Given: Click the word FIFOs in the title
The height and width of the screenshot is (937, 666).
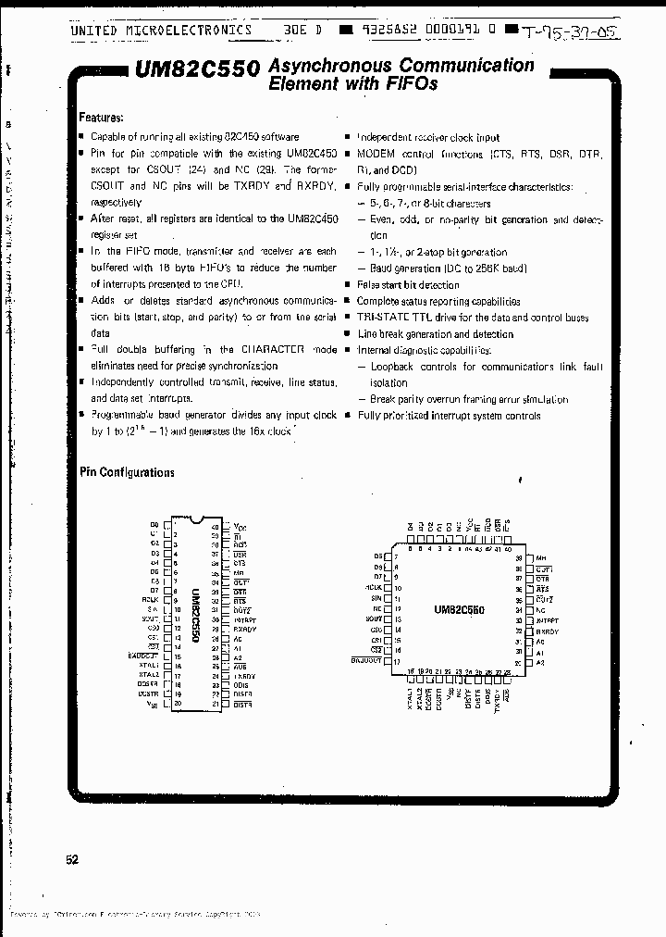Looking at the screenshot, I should (x=411, y=83).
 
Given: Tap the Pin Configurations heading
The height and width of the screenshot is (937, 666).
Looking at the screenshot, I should (x=127, y=472).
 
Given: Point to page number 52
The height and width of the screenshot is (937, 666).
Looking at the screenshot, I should (x=72, y=860).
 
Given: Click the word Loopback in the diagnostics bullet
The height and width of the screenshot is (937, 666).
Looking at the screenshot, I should (x=392, y=367).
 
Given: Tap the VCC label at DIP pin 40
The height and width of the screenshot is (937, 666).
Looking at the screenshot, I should (x=240, y=527).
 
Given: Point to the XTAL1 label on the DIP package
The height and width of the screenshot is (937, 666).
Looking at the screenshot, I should (x=149, y=665).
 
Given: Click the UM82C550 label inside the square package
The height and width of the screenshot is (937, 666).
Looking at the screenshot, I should (x=459, y=610).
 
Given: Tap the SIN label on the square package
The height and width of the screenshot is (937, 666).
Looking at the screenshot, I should (x=376, y=599).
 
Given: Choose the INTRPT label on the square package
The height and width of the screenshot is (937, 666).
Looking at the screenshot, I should (x=548, y=620).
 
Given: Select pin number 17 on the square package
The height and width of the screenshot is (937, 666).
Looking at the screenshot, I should (x=397, y=663).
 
